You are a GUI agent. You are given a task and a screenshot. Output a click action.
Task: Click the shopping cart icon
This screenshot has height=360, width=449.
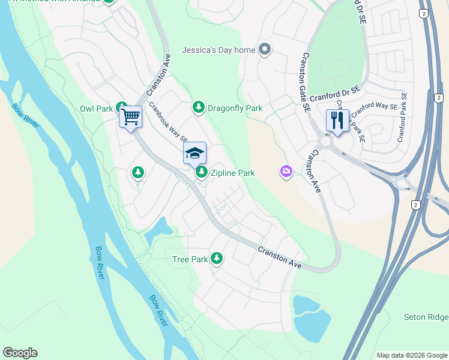130,116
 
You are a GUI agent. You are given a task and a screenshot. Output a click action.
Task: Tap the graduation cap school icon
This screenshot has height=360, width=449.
194,154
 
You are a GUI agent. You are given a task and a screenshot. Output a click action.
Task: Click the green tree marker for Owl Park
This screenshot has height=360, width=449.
121,109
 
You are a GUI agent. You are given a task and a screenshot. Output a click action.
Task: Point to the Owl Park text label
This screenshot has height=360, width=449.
96,109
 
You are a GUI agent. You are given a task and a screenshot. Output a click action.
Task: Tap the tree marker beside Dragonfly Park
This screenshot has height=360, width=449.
198,108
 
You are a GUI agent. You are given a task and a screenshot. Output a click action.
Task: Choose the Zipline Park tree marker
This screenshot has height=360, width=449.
202,173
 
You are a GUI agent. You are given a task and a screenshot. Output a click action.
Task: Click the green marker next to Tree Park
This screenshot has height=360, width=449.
217,259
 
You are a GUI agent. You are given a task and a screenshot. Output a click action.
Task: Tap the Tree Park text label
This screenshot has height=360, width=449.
190,259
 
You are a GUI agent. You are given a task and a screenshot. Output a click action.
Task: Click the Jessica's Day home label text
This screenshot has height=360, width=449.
219,50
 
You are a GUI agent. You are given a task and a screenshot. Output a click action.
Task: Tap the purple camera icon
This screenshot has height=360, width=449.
286,172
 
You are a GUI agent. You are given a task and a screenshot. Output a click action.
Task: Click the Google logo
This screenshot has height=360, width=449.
20,353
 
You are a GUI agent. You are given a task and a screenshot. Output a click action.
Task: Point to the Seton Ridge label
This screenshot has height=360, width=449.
426,317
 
